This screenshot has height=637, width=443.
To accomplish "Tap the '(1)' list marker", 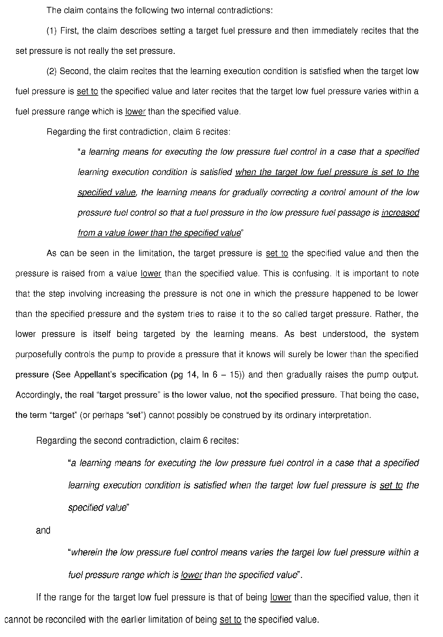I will (x=52, y=31).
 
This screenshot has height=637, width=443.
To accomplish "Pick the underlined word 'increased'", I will (x=400, y=213).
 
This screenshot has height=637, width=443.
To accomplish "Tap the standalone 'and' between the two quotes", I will (x=43, y=530).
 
